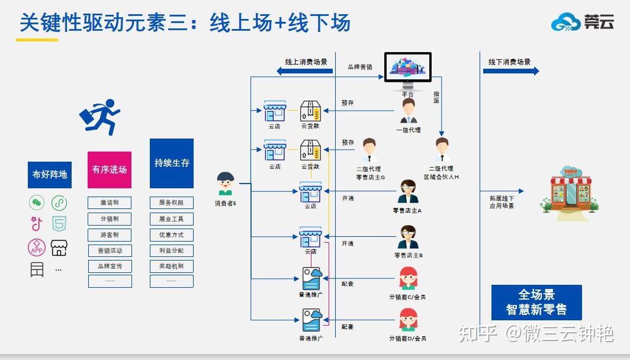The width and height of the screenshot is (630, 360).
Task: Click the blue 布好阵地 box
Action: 50,174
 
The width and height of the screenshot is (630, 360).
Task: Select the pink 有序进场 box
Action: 110,169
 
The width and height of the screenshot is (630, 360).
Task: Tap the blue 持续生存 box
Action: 172,163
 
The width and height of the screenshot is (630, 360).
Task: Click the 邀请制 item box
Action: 110,202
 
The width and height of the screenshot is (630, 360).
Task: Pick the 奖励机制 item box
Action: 172,266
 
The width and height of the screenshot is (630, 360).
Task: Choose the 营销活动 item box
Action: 110,250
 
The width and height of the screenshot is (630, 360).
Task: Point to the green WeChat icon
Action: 37,203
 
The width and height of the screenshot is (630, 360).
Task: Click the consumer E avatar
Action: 225,184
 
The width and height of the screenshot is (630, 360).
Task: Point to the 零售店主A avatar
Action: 407,192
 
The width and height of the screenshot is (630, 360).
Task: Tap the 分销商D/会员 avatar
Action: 408,320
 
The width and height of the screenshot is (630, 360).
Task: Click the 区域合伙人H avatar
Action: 442,150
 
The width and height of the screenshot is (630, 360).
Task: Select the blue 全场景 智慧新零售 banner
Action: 536,303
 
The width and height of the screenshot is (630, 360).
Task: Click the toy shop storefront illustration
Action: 568,189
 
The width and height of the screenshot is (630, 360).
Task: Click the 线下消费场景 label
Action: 509,62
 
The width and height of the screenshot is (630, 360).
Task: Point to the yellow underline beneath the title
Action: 37,40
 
